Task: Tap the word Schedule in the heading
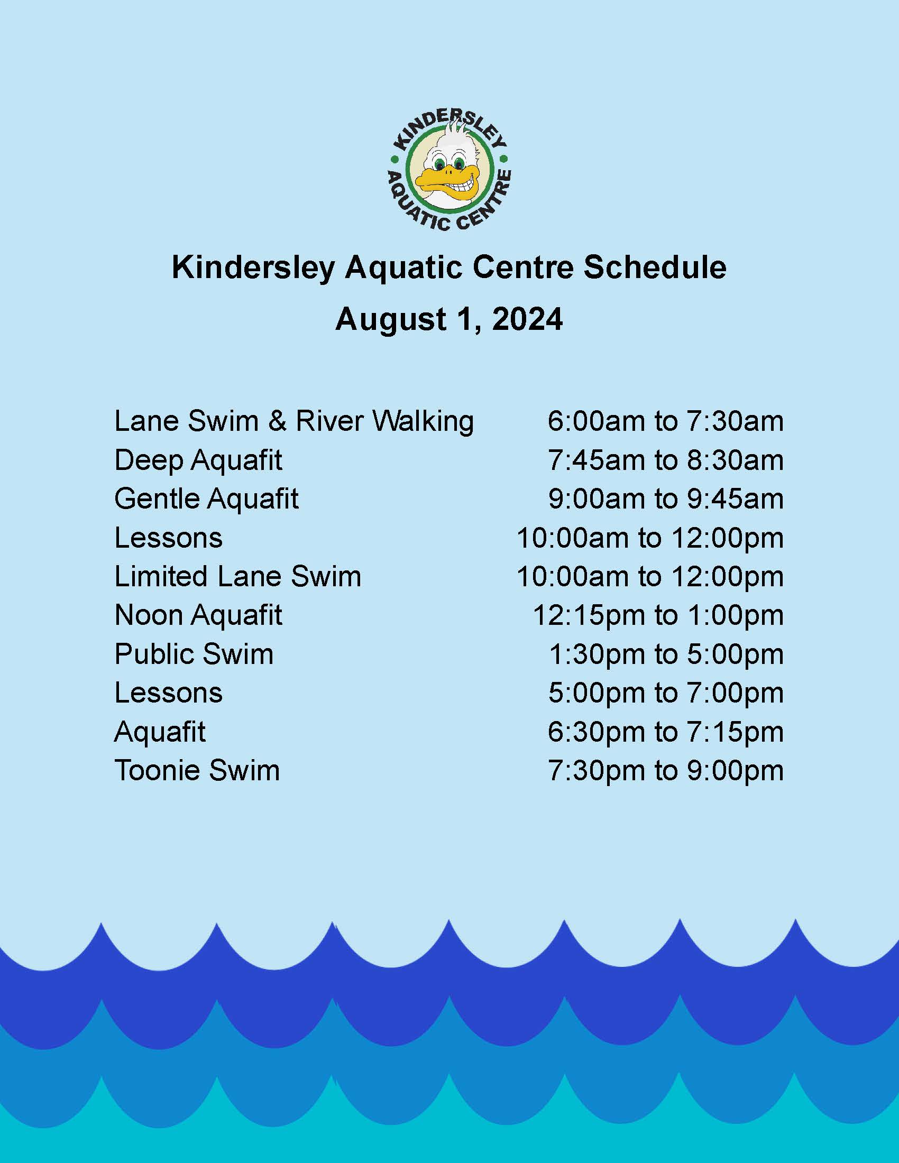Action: click(655, 267)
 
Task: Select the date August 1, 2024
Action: click(449, 319)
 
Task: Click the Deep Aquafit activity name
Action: click(198, 460)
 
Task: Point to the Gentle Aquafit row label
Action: click(207, 499)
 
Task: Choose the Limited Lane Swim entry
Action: click(237, 576)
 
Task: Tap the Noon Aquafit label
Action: click(198, 615)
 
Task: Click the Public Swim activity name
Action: click(194, 654)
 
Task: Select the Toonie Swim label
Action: click(197, 771)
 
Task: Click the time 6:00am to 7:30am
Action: click(666, 421)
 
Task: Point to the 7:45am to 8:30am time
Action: click(666, 460)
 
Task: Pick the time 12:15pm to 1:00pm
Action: click(658, 615)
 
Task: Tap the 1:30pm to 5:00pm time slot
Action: click(666, 654)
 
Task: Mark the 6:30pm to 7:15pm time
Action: click(666, 732)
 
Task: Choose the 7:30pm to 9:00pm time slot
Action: click(666, 771)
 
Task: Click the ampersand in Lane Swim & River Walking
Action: click(278, 421)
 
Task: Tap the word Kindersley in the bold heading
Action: click(253, 268)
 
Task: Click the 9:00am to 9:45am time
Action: click(666, 499)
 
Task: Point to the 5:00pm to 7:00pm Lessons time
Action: click(666, 693)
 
